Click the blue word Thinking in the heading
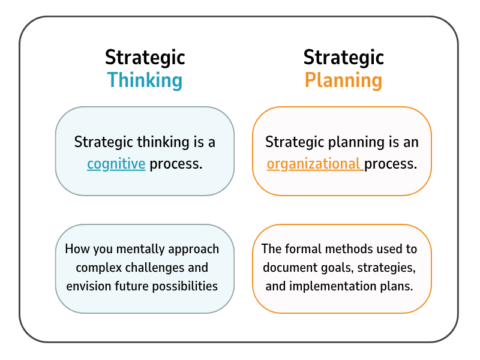145,80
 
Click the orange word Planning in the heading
343,80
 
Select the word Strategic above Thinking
145,57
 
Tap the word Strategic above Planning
343,57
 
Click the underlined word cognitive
116,163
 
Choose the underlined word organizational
314,163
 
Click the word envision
88,286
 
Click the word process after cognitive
176,163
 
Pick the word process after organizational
391,163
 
